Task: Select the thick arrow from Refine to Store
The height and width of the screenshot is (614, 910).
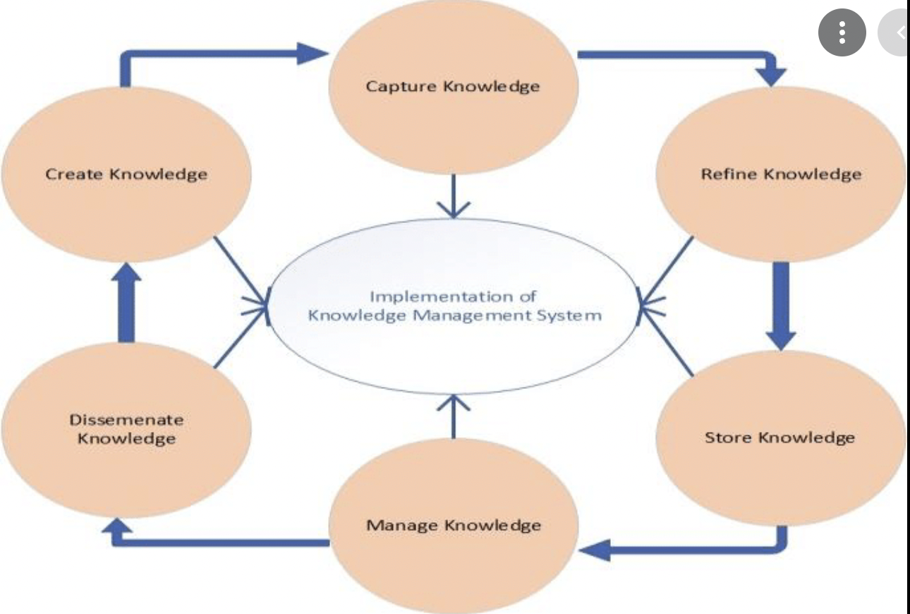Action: point(780,303)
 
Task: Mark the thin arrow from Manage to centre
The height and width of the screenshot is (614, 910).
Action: point(453,416)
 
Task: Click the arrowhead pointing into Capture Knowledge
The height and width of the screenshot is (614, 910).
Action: point(314,52)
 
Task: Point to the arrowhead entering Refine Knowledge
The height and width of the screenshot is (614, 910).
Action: point(775,74)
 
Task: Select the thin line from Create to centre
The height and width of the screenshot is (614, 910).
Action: point(240,272)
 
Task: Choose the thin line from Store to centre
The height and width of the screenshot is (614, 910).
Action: point(667,339)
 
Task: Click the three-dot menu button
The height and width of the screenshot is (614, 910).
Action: point(842,32)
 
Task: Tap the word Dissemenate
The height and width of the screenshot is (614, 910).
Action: point(126,420)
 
